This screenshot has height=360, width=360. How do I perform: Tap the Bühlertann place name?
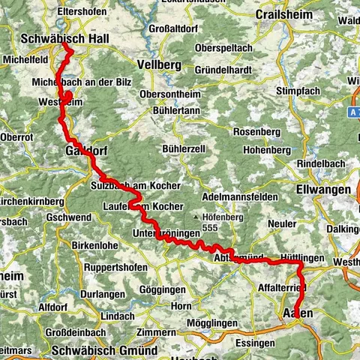pyautogui.click(x=176, y=109)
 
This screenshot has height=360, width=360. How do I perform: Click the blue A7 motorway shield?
pyautogui.click(x=354, y=111)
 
